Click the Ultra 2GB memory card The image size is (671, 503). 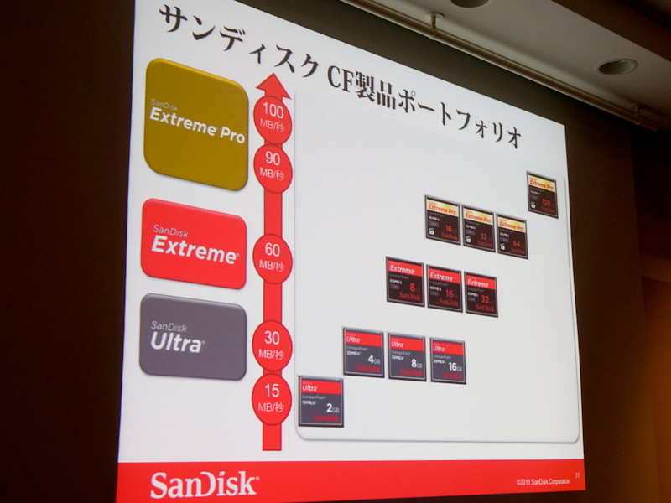click(321, 402)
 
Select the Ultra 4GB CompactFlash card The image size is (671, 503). click(364, 352)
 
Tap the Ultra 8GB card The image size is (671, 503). click(407, 357)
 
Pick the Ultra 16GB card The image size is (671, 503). click(448, 360)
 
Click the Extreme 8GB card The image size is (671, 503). click(405, 281)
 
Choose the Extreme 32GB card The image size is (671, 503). click(481, 294)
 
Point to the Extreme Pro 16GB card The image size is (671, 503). click(442, 220)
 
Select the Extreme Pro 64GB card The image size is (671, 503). click(512, 236)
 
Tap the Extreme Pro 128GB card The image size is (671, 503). click(542, 194)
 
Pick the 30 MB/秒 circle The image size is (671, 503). click(273, 345)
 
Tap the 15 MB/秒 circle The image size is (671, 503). click(273, 396)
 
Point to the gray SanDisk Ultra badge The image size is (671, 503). click(193, 335)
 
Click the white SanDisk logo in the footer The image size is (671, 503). click(204, 485)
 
